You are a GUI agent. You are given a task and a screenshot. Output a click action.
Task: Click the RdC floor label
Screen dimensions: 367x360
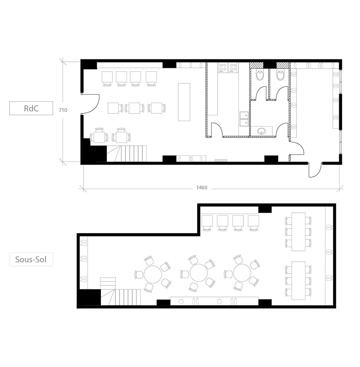click(x=31, y=108)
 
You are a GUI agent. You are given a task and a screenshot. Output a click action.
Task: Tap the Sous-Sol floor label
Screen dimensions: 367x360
click(x=31, y=259)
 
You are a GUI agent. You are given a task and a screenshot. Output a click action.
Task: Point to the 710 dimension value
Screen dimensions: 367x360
click(x=63, y=110)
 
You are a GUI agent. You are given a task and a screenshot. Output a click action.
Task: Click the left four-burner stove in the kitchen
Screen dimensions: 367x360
click(x=223, y=67)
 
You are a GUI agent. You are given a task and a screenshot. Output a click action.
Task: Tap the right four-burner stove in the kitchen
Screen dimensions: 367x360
click(x=233, y=67)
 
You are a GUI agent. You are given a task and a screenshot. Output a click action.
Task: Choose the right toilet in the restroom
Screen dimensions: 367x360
click(x=280, y=75)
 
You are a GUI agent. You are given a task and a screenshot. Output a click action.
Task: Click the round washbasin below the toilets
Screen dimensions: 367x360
click(x=262, y=131)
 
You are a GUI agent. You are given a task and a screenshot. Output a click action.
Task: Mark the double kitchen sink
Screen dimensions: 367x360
click(x=244, y=118)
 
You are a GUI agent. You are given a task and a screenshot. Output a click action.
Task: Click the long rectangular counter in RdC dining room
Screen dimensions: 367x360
click(x=184, y=102)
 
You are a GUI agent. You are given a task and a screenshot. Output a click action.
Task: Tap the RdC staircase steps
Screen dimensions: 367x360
click(x=132, y=153)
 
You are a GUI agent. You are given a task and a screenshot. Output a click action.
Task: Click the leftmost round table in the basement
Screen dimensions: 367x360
click(x=153, y=274)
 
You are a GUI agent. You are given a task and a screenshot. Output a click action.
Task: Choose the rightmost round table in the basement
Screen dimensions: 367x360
click(x=242, y=273)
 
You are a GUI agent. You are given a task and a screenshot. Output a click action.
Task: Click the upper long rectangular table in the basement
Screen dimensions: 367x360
click(x=298, y=232)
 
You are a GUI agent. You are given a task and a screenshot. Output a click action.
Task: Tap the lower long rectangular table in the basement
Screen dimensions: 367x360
click(x=298, y=280)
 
